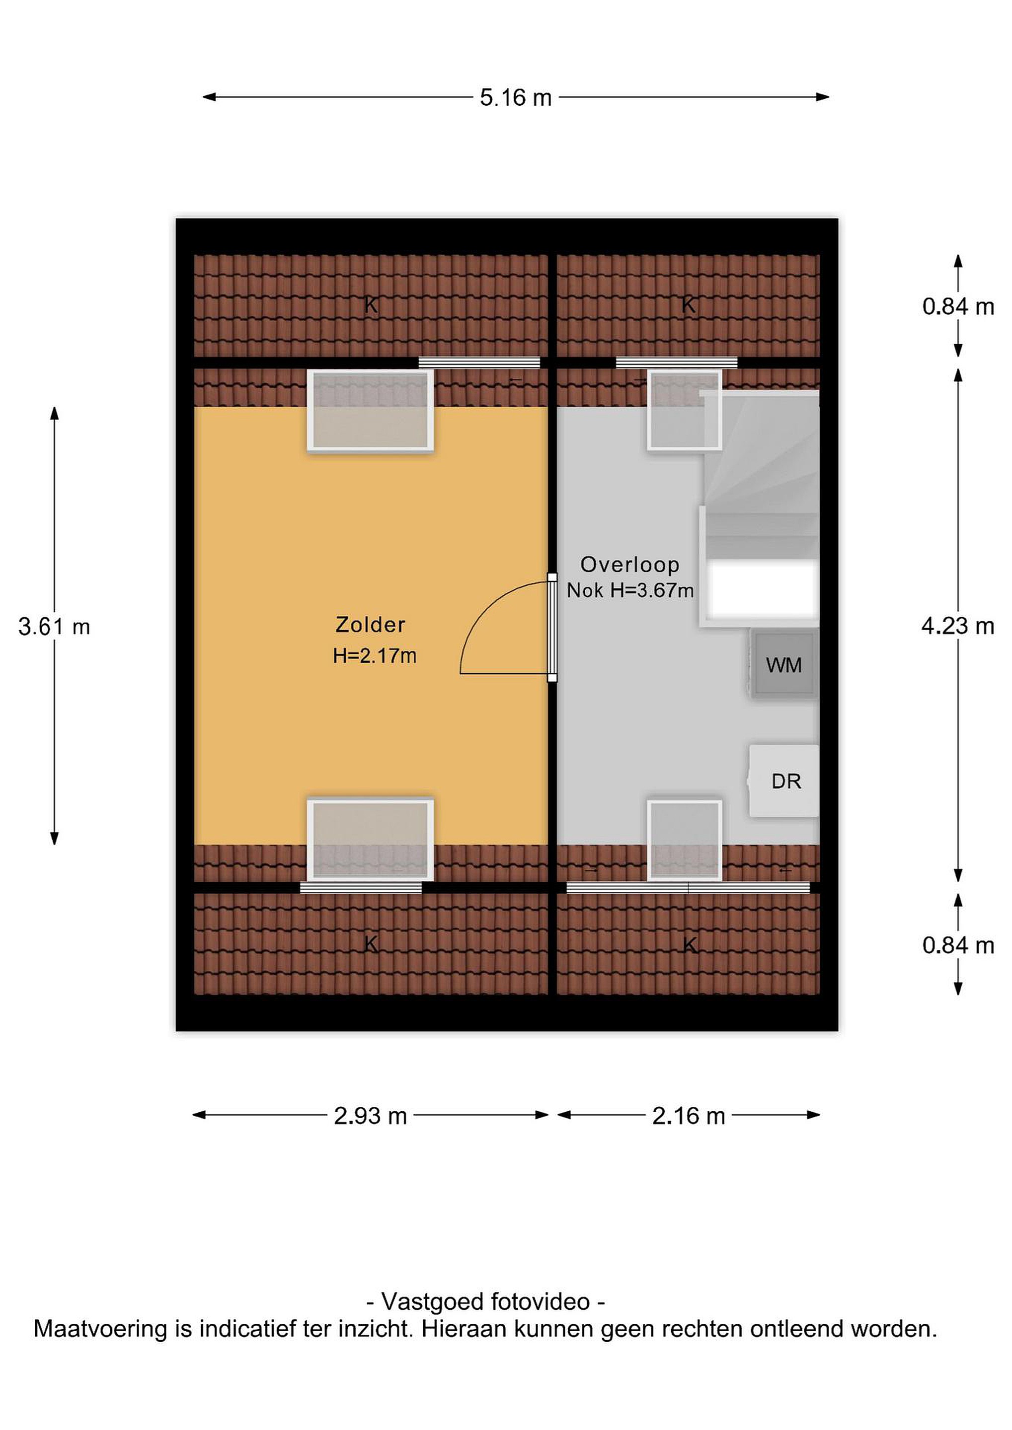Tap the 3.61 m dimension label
click(54, 627)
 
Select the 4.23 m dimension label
click(958, 626)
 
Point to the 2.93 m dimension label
click(370, 1116)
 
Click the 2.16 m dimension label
click(689, 1116)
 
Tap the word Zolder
click(370, 624)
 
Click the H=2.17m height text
click(375, 655)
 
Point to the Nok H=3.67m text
click(630, 590)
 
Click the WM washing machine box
click(784, 664)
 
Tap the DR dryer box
click(784, 781)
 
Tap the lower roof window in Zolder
click(370, 840)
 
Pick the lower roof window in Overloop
click(684, 840)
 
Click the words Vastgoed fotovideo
click(485, 1302)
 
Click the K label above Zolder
click(371, 304)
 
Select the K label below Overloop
click(689, 945)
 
